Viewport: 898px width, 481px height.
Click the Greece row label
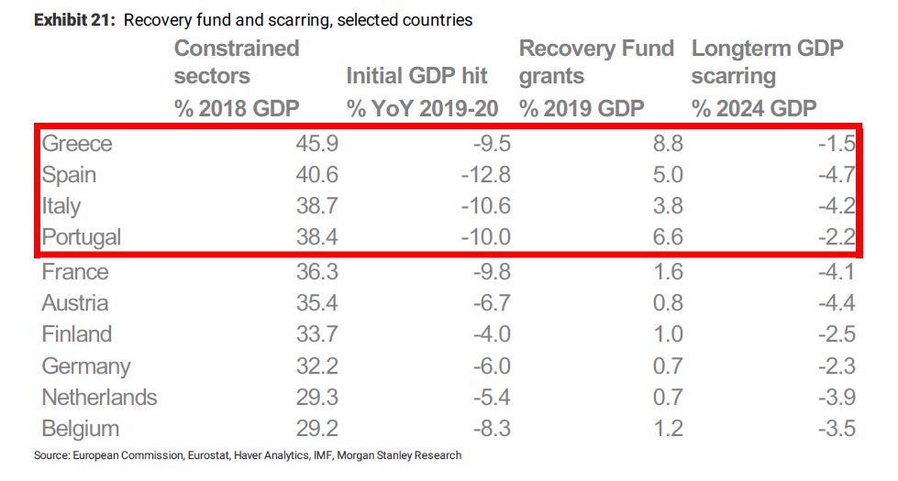tap(77, 144)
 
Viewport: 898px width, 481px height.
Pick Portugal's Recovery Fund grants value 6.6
tap(666, 237)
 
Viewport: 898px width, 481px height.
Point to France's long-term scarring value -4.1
tap(837, 272)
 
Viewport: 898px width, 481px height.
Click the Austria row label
tap(75, 303)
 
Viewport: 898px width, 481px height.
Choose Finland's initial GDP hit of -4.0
tap(489, 334)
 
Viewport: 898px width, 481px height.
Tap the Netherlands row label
tap(99, 398)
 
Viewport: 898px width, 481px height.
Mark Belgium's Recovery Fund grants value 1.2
tap(666, 429)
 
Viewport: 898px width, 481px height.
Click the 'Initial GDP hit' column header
tap(416, 76)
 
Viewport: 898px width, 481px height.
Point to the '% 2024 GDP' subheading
tap(754, 108)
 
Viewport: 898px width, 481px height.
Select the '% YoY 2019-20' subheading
tap(422, 108)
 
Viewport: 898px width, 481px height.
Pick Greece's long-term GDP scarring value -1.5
tap(837, 144)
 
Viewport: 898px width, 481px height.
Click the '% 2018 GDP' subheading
tap(237, 108)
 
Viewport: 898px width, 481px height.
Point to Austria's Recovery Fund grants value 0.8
tap(666, 303)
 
